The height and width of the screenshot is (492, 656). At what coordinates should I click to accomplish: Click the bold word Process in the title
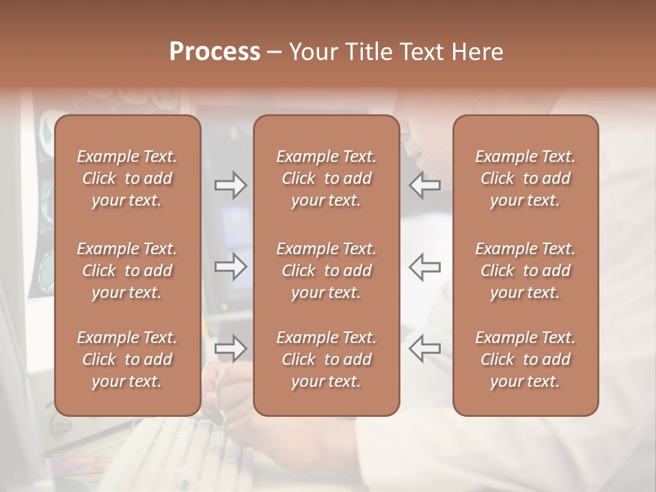(215, 52)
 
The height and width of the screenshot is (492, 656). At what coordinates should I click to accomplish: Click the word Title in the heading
(368, 52)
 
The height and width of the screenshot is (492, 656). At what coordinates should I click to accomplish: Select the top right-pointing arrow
(231, 185)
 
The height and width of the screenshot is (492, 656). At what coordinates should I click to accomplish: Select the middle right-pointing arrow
(231, 266)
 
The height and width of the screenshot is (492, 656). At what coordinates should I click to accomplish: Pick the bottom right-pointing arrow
(231, 348)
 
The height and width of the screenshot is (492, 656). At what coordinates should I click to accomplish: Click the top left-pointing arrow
(425, 185)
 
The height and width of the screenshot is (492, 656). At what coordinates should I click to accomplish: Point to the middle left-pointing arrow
(425, 266)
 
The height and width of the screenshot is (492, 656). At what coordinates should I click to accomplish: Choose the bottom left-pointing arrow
(425, 348)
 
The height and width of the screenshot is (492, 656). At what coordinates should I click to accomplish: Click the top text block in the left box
(127, 178)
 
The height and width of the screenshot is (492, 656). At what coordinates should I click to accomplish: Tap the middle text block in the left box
(127, 271)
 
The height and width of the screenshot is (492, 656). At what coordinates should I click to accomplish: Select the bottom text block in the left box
(127, 359)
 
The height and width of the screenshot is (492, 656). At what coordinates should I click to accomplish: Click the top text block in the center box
(326, 178)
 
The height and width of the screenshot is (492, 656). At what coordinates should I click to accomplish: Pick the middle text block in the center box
(326, 271)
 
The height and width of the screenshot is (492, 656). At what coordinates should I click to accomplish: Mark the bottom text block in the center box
(326, 359)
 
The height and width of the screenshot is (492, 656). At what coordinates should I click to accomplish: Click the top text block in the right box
(525, 178)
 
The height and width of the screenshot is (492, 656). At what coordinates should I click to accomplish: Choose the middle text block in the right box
(525, 271)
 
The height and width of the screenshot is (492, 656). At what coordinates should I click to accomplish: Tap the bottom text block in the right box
(525, 359)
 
